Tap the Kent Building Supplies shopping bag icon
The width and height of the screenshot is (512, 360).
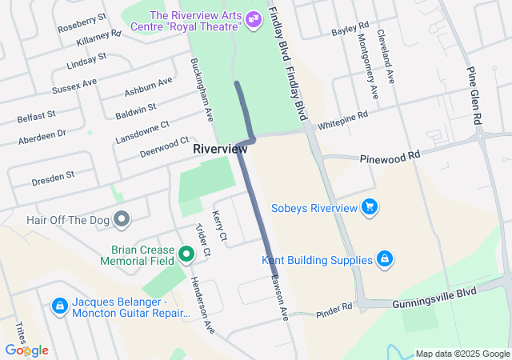tap(385, 259)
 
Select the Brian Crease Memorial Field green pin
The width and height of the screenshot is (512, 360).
tap(187, 254)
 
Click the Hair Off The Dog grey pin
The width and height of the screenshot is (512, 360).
tap(122, 218)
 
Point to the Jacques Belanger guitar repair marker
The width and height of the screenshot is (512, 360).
tap(59, 306)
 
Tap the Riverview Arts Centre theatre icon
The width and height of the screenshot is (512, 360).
tap(254, 18)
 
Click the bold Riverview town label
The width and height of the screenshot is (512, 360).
tap(220, 149)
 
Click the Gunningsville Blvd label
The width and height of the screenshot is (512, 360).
tap(434, 298)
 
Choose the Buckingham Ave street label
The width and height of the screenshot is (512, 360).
tap(202, 89)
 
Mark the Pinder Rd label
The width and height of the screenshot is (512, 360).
tap(334, 308)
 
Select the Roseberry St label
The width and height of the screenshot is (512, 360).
tap(82, 23)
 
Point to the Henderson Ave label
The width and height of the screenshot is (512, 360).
tap(202, 304)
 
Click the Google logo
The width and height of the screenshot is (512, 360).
tap(26, 350)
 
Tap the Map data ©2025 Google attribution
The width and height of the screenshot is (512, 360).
tap(462, 354)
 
